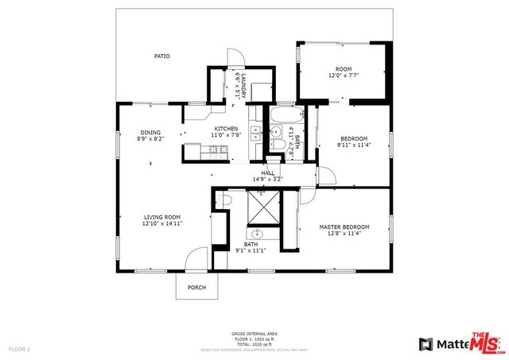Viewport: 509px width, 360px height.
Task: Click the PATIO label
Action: [161, 56]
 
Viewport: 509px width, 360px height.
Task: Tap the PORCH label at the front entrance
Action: [196, 287]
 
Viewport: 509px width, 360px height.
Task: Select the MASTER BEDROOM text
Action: [340, 227]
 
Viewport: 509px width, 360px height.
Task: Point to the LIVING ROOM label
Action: [162, 217]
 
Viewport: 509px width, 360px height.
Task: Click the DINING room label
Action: [150, 133]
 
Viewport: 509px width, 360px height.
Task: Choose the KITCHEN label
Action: [226, 129]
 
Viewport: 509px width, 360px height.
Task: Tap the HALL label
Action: [267, 172]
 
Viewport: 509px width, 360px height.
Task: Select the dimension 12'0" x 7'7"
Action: [344, 75]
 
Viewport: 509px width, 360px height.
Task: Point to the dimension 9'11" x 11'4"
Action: [354, 145]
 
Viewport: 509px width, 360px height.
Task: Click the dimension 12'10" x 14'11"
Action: [162, 224]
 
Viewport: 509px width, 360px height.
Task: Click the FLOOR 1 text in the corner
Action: [19, 349]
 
